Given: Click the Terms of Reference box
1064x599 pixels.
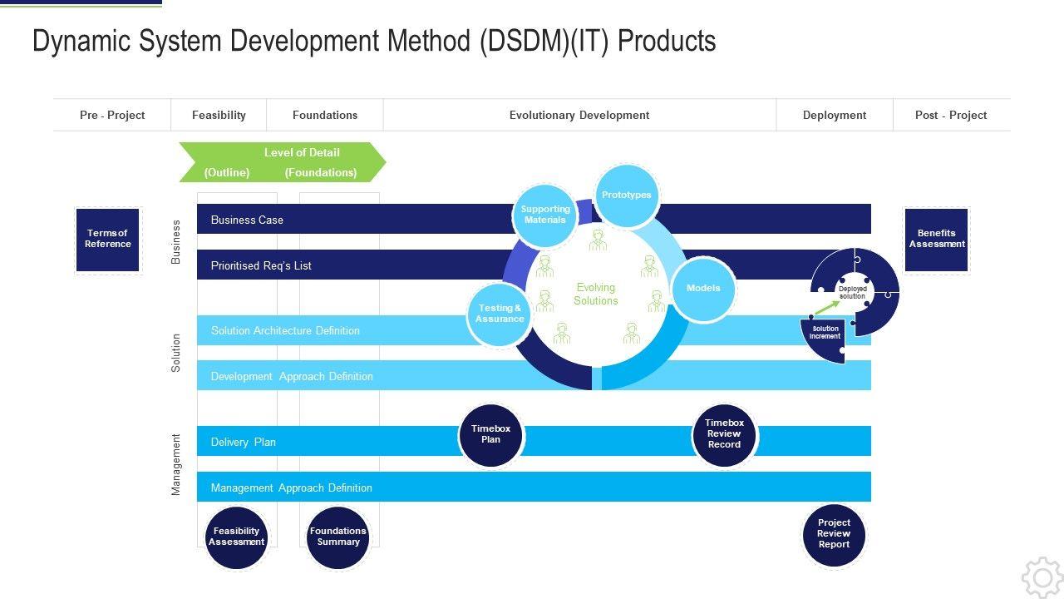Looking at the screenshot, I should pos(108,240).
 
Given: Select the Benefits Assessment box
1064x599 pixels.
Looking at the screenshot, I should pos(937,240).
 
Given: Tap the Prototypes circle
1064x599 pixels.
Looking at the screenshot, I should pos(627,196).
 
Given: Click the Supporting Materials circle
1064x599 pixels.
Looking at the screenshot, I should pos(545,215).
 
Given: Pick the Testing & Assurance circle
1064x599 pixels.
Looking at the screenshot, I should pos(500,314).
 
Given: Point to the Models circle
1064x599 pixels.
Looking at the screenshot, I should pos(703,289).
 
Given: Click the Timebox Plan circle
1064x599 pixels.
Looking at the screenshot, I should pos(491,435).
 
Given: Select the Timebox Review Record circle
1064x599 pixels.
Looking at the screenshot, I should pos(724,434).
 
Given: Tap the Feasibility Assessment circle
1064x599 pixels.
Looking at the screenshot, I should pos(237,537).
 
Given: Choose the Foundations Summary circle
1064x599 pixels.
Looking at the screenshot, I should pos(337,537).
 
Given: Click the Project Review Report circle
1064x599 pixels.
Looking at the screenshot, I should pos(834,534).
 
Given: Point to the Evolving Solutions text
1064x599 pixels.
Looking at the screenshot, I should pos(596,294).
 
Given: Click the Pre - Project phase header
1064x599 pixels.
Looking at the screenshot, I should pos(112,116).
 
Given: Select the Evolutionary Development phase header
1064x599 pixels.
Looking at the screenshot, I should pos(579,116).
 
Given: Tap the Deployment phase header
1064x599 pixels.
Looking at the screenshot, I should pos(835,116).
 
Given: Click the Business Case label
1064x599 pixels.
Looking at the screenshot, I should pos(247,220).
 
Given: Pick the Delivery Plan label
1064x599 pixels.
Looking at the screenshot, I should pos(244,443).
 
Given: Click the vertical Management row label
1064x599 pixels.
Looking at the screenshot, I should pos(176,465).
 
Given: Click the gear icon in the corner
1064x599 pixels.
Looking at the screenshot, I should pos(1042,577).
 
